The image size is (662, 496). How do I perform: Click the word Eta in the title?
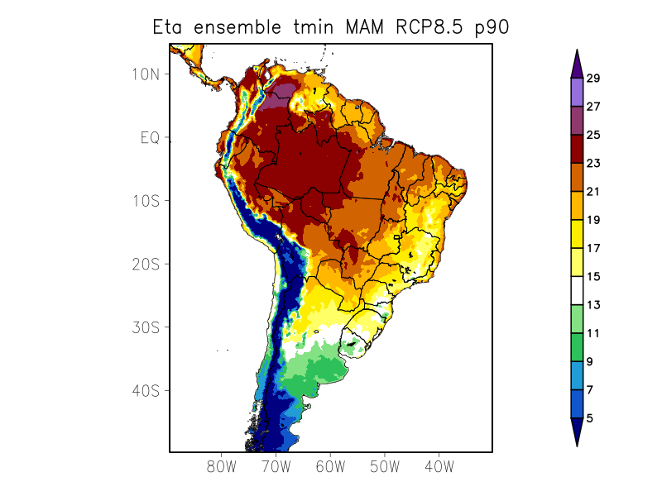tap(169, 27)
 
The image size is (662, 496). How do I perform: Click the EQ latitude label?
tap(150, 137)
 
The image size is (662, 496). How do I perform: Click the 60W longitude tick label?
tap(330, 466)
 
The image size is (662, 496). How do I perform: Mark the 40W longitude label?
tap(439, 466)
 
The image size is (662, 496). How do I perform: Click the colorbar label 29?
tap(593, 79)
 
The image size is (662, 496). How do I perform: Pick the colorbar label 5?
tap(590, 418)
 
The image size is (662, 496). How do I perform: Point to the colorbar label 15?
tap(593, 277)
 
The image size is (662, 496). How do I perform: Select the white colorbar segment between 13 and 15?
tap(577, 291)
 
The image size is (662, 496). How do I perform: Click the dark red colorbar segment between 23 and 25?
tap(577, 149)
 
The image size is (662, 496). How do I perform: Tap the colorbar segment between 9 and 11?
tap(577, 347)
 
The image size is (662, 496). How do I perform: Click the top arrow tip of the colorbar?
tap(577, 50)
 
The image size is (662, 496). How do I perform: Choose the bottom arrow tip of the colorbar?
tap(577, 445)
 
